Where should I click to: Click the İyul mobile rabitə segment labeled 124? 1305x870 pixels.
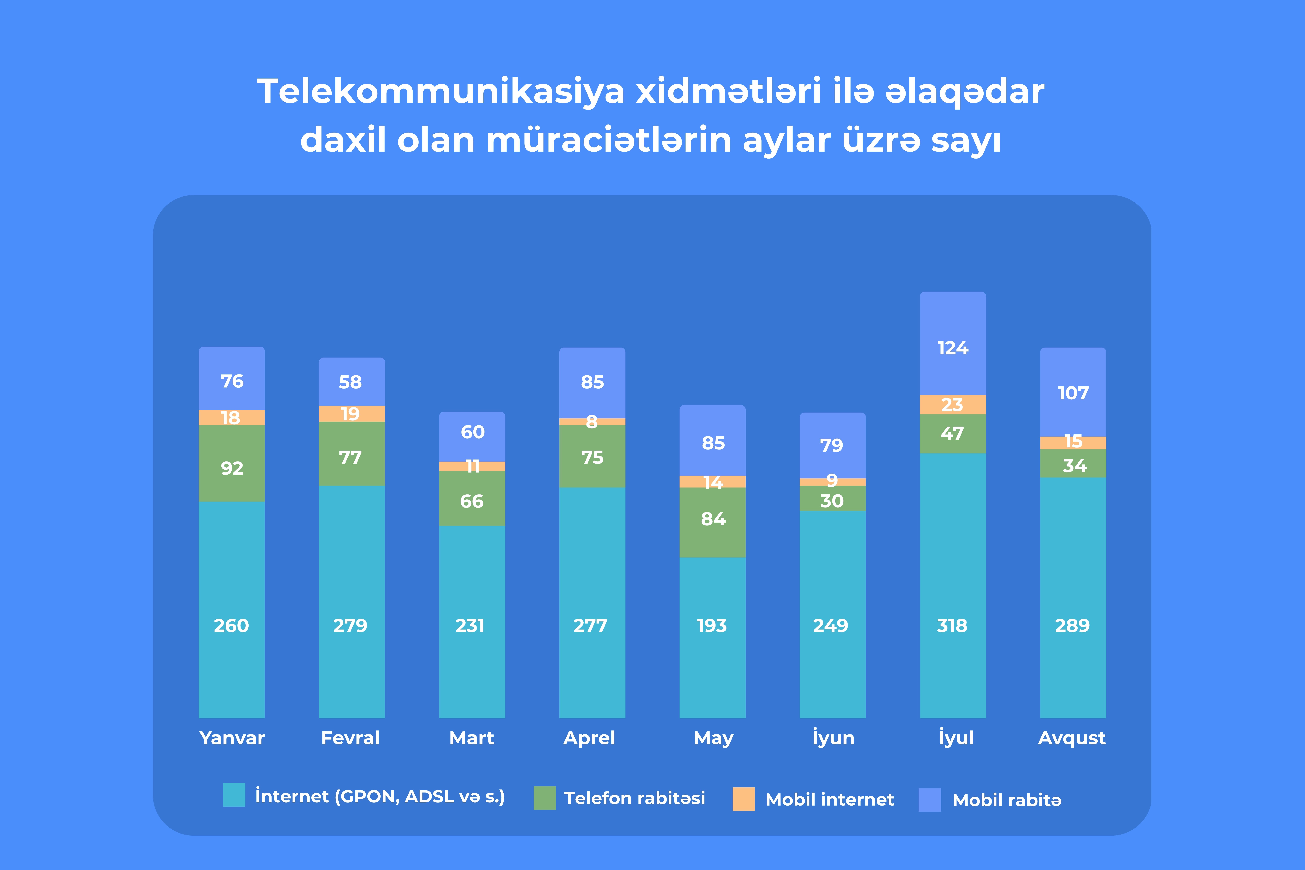tap(953, 348)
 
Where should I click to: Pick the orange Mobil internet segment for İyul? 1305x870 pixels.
tap(953, 404)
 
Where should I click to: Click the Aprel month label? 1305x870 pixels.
tap(589, 738)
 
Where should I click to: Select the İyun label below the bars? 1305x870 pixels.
tap(833, 738)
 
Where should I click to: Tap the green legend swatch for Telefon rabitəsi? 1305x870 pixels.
tap(544, 798)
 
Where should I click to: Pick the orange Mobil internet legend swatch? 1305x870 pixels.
tap(744, 799)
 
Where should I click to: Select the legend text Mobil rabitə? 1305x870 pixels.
tap(1006, 800)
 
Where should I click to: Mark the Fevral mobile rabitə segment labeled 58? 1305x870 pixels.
tap(351, 382)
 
